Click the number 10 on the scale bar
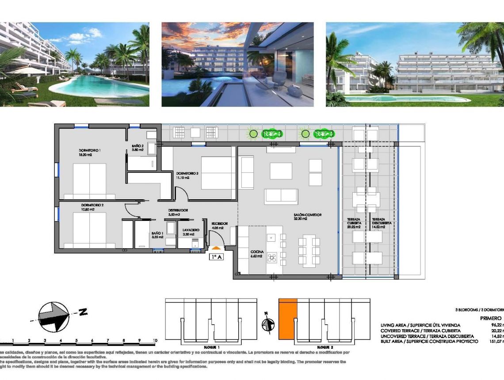(155, 341)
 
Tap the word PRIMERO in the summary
(491, 318)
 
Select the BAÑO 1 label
(157, 235)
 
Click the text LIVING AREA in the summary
(395, 325)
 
